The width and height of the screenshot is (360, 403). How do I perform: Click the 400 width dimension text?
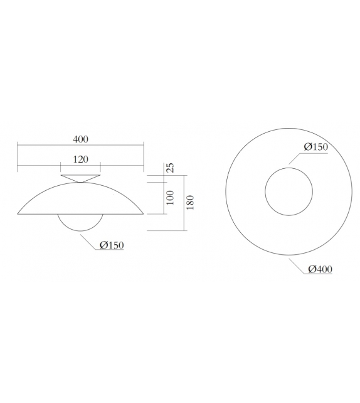(80, 139)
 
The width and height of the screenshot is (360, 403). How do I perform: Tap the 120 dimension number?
(80, 159)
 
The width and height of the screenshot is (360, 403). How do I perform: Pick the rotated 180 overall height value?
(191, 203)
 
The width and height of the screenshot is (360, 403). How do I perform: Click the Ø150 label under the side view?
(111, 245)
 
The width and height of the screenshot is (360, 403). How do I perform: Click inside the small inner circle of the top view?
(289, 191)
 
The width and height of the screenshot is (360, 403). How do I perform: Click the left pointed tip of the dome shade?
(18, 214)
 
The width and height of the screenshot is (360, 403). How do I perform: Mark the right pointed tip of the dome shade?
(144, 214)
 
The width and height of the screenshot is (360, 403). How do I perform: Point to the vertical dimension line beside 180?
(184, 203)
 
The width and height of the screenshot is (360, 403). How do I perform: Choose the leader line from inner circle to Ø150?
(295, 157)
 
